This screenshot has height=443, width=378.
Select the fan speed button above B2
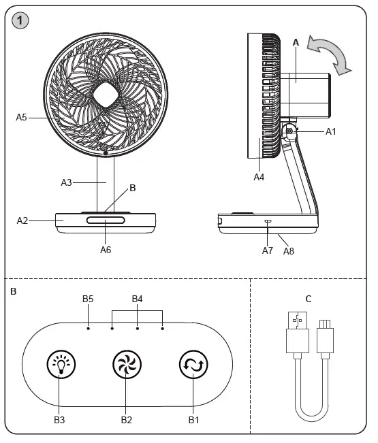[x=127, y=366]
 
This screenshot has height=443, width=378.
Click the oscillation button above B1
[x=193, y=366]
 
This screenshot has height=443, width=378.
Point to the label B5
[x=88, y=299]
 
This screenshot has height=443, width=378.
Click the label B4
[x=137, y=299]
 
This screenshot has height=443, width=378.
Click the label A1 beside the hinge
[x=331, y=131]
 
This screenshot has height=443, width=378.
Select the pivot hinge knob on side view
[x=289, y=131]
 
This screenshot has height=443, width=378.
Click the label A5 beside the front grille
[x=22, y=117]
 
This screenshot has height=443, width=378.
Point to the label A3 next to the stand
[x=66, y=182]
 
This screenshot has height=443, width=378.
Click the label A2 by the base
[x=22, y=220]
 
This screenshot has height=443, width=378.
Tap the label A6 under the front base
[x=106, y=250]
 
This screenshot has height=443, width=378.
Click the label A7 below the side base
[x=268, y=250]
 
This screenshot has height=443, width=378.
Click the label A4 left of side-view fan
[x=259, y=177]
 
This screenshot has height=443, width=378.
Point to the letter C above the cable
[x=309, y=298]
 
